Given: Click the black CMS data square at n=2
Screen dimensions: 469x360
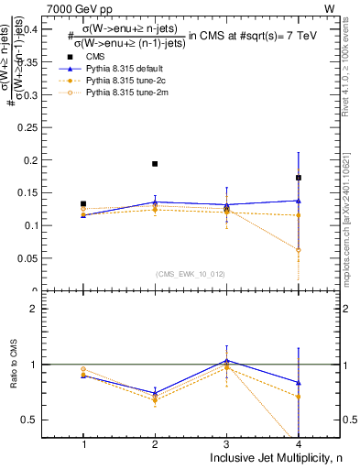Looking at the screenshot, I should tap(155, 164).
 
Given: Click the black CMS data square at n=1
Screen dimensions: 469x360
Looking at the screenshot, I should tap(83, 204).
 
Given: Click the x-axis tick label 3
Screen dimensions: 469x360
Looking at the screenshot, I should tap(226, 444).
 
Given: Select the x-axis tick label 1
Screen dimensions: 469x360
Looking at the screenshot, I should tap(83, 444).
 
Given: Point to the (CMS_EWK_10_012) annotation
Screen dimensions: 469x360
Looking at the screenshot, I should tap(190, 273).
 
